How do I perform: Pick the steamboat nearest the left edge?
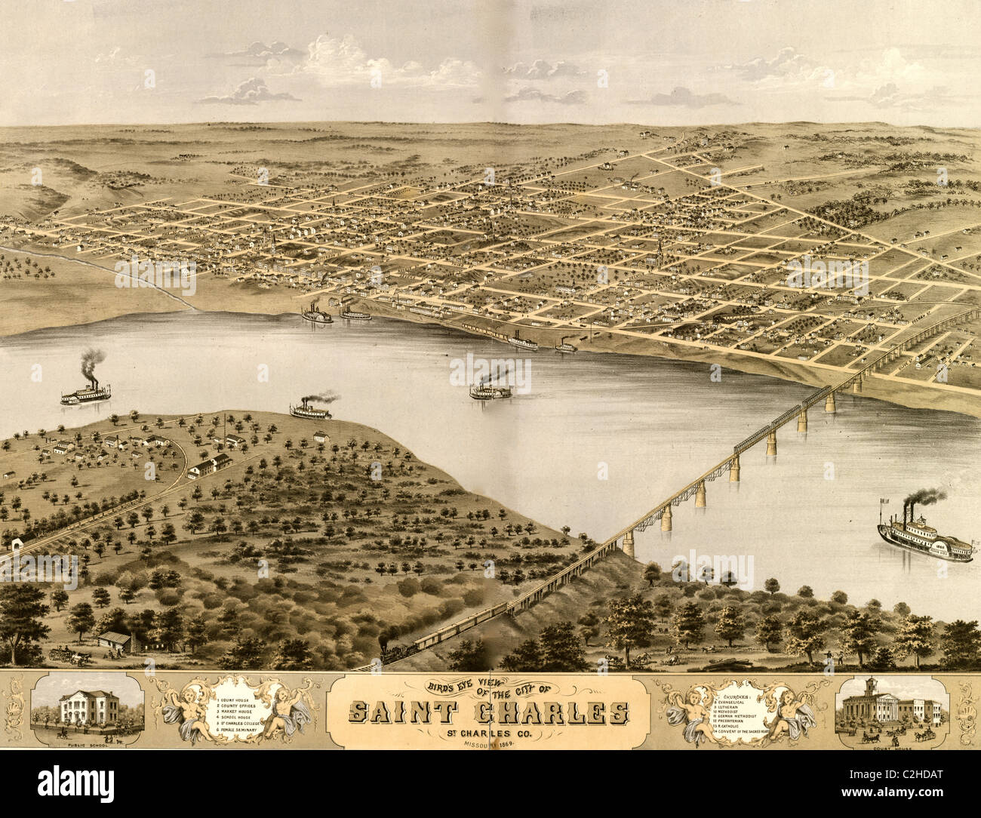[85, 392]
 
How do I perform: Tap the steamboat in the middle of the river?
[490, 389]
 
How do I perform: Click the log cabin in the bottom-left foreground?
[115, 641]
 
